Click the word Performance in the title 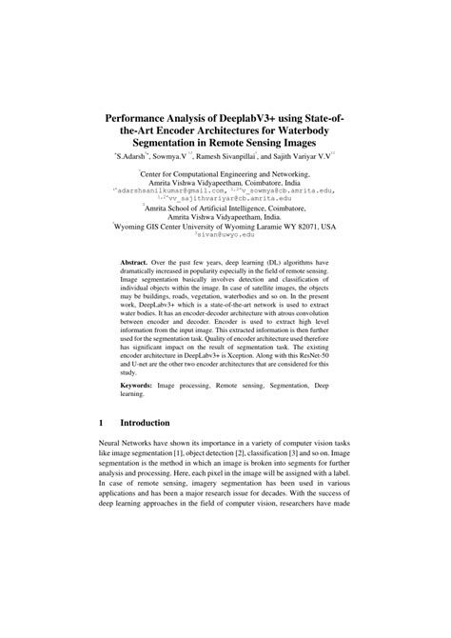click(146, 110)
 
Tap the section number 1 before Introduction click(102, 449)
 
